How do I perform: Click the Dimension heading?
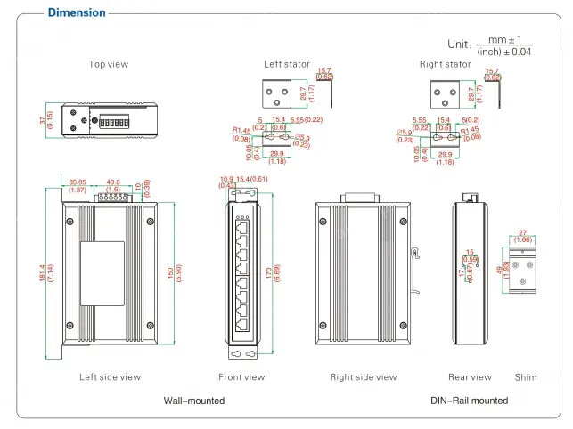pyautogui.click(x=76, y=12)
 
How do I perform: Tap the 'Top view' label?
pyautogui.click(x=110, y=64)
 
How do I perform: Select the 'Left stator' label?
pyautogui.click(x=286, y=64)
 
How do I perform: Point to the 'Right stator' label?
pyautogui.click(x=445, y=64)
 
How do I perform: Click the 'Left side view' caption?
pyautogui.click(x=110, y=377)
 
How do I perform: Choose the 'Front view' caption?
pyautogui.click(x=241, y=377)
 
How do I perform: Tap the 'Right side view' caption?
pyautogui.click(x=363, y=377)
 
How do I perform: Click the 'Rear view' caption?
pyautogui.click(x=470, y=377)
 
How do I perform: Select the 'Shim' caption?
pyautogui.click(x=526, y=377)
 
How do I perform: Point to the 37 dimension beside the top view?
pyautogui.click(x=42, y=120)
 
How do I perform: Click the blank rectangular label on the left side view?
pyautogui.click(x=102, y=263)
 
